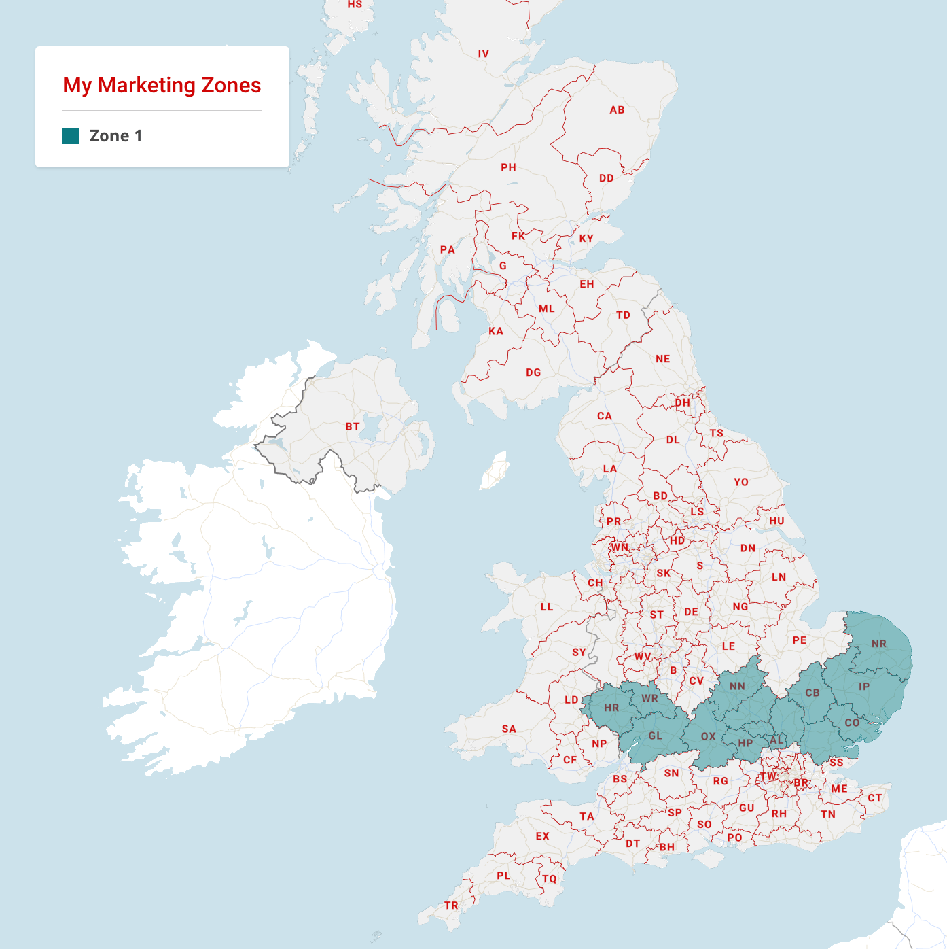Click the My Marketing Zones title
pos(162,86)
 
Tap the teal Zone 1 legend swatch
pos(71,136)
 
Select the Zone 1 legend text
pos(115,136)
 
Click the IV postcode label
pos(483,54)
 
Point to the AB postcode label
pos(617,110)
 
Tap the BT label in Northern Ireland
pos(352,427)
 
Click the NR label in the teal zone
pos(878,644)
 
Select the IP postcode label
pos(863,687)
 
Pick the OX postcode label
pos(708,736)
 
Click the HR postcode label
pos(611,708)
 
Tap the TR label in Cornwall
pos(451,905)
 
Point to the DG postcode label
pos(533,373)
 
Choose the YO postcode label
pos(740,482)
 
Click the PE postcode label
pos(800,640)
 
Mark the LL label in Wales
pos(546,607)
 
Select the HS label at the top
pos(355,5)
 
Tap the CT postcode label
pos(874,798)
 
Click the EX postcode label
pos(542,836)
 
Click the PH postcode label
pos(508,167)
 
